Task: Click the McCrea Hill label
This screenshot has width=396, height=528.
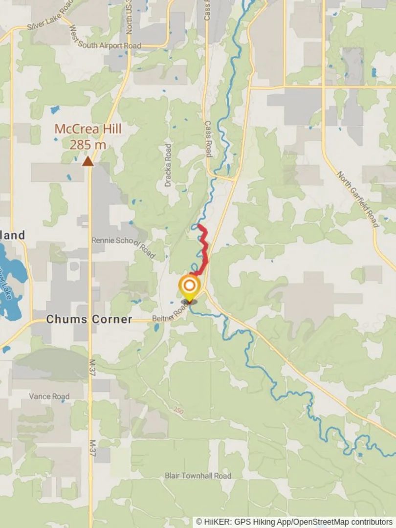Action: click(88, 129)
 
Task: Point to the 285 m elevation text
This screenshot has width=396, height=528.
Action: click(88, 145)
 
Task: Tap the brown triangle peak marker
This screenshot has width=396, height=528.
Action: click(88, 161)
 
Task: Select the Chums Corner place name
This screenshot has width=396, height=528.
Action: click(89, 319)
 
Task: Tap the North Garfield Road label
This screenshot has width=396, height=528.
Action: click(358, 200)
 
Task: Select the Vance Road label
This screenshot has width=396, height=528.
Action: click(49, 396)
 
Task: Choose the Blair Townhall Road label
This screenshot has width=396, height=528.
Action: click(198, 476)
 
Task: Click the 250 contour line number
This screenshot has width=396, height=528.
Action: click(178, 410)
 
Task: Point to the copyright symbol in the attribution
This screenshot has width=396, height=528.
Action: click(199, 522)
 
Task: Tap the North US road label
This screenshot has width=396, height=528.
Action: click(129, 20)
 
